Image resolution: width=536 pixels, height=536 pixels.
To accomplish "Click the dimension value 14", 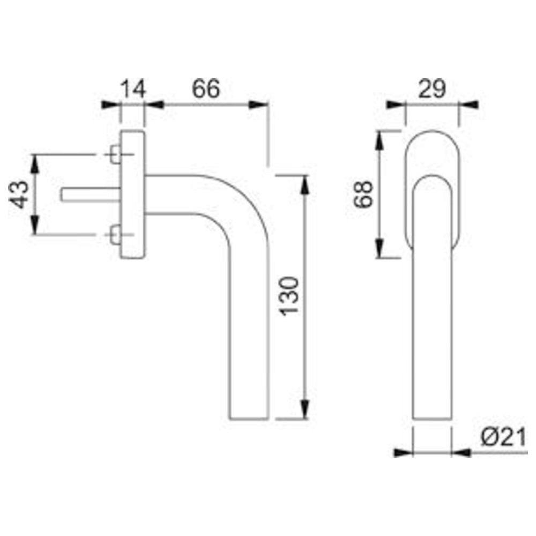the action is tap(133, 89).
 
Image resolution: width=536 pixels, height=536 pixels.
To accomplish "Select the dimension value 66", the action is tap(206, 89).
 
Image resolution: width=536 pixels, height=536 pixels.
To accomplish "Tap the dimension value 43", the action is tap(19, 194).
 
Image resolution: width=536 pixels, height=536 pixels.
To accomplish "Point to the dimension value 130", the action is tap(289, 296).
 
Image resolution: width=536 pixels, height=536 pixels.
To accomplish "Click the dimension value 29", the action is tap(432, 89).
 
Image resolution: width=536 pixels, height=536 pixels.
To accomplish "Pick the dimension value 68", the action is tap(363, 194).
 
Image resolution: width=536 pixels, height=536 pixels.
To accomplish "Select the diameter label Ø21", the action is tap(503, 438).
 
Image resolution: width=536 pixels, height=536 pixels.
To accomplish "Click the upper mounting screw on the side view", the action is tap(115, 154).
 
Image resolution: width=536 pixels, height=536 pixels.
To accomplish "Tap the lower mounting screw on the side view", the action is tap(115, 235).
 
